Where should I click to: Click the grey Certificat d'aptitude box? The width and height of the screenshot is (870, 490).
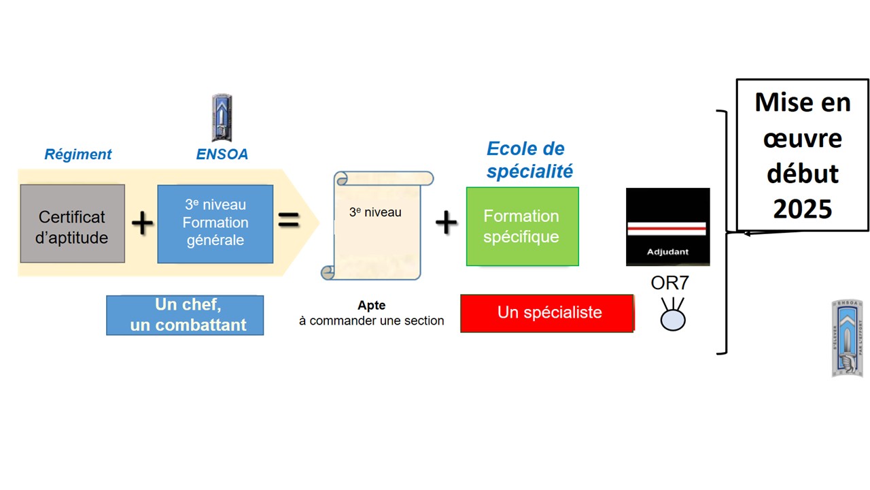(x=73, y=224)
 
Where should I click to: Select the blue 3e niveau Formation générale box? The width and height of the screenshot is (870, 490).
(x=215, y=224)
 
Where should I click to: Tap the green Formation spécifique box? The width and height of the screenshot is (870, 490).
(x=523, y=227)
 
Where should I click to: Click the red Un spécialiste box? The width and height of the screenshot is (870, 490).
(x=547, y=314)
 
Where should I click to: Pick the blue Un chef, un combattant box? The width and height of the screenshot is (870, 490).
(x=185, y=315)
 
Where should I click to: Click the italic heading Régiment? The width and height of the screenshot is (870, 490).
(x=78, y=154)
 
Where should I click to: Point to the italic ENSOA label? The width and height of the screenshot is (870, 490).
(x=222, y=154)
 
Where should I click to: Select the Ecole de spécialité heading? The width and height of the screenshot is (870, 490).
(x=529, y=160)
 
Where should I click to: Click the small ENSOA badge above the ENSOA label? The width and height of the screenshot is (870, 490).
(x=222, y=118)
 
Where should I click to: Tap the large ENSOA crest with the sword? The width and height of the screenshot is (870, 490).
(x=847, y=338)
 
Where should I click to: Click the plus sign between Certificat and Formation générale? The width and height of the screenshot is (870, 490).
(x=142, y=223)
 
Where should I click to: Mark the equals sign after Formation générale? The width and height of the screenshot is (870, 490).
(x=289, y=220)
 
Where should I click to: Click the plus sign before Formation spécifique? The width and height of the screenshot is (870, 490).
(x=447, y=223)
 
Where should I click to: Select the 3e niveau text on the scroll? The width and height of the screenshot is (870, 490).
(x=375, y=212)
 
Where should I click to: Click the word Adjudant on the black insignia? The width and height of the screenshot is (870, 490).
(x=667, y=252)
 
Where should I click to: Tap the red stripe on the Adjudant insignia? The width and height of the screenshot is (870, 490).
(x=667, y=229)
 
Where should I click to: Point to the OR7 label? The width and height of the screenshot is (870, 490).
(x=669, y=283)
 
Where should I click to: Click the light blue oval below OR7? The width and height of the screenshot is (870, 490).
(x=673, y=321)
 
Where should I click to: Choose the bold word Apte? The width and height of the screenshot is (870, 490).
(x=371, y=306)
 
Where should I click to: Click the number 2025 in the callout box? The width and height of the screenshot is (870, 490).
(x=803, y=209)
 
